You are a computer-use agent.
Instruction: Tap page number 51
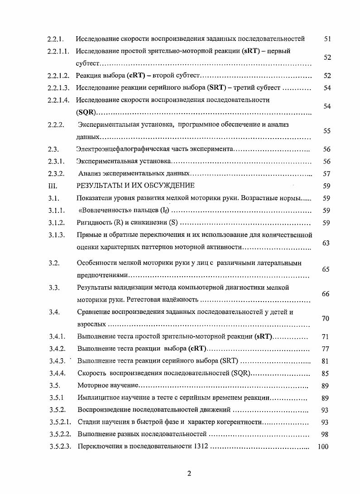[327, 39]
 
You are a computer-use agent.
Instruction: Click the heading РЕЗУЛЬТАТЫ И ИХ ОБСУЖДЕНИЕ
[135, 185]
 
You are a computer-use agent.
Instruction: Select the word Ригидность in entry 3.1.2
[94, 223]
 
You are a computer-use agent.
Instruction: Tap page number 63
[326, 243]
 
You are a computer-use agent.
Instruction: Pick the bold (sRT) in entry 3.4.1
[264, 336]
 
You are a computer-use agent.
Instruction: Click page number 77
[326, 349]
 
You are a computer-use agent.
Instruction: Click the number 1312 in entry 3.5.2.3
[200, 447]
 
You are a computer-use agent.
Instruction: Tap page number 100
[323, 447]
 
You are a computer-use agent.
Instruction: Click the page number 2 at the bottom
[189, 474]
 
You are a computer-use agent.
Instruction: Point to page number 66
[326, 294]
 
